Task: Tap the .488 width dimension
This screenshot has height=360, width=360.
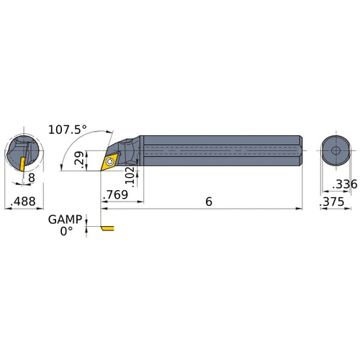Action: click(x=21, y=203)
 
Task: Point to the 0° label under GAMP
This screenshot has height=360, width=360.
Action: click(x=67, y=231)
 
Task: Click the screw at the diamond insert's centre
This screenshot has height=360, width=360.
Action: click(x=109, y=162)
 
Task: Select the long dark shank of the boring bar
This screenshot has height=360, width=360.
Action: click(x=216, y=151)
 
